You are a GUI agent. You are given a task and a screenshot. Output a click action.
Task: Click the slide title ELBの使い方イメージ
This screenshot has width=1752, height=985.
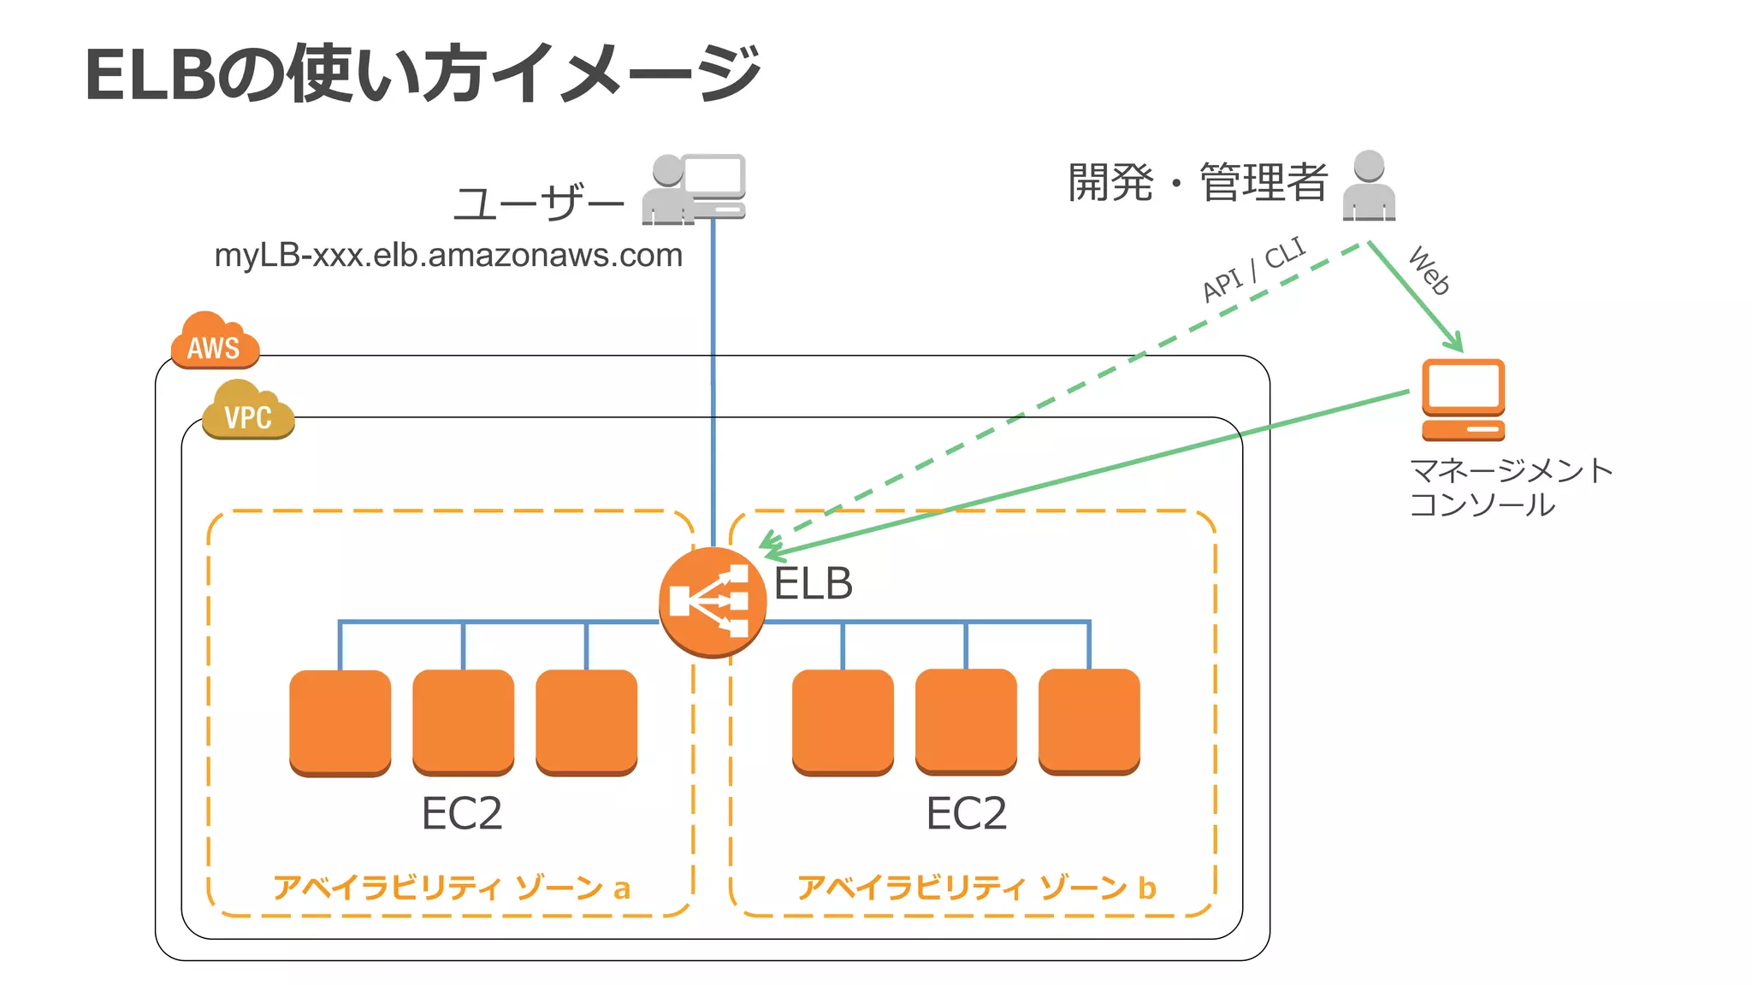(x=423, y=74)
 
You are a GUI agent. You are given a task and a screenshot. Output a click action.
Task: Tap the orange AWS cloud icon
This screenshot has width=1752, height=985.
(x=214, y=342)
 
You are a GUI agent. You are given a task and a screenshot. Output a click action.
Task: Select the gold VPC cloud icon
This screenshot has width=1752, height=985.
(x=248, y=412)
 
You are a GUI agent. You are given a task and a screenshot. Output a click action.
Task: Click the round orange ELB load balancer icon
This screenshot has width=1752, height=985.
(x=712, y=602)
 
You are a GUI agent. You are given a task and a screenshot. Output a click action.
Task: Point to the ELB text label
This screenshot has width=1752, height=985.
(x=813, y=584)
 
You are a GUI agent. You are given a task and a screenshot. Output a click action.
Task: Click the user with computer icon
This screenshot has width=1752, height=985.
(x=694, y=189)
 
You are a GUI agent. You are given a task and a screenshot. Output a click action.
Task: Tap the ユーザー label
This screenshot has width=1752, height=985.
(x=539, y=203)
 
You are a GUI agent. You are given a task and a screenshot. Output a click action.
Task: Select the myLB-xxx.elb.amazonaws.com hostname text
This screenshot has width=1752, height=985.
(x=448, y=255)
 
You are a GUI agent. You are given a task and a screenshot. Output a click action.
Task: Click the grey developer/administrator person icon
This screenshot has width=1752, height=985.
(x=1369, y=186)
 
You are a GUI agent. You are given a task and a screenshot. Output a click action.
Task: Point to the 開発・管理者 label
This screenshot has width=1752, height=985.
(x=1198, y=183)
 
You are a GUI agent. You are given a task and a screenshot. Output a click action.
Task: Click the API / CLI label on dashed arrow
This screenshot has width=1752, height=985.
(x=1253, y=269)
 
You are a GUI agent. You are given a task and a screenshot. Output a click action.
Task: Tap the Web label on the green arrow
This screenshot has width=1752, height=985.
(x=1429, y=270)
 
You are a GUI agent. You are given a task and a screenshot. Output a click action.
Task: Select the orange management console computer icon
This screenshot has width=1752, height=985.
(x=1463, y=399)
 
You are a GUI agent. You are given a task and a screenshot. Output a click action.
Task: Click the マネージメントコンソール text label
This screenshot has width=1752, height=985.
(x=1510, y=487)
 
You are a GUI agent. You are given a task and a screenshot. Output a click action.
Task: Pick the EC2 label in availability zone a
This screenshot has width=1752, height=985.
(x=462, y=813)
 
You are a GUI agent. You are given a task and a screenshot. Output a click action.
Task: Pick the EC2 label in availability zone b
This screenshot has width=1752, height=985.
(x=967, y=813)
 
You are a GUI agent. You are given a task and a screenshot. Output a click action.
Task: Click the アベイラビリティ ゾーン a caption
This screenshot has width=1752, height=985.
(x=452, y=888)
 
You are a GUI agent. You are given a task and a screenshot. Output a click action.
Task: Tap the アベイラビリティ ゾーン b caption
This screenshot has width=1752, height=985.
(x=976, y=888)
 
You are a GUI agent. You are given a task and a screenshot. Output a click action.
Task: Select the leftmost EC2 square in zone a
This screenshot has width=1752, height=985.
(x=340, y=722)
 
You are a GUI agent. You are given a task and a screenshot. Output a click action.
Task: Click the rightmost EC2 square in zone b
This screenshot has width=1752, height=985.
(x=1089, y=722)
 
